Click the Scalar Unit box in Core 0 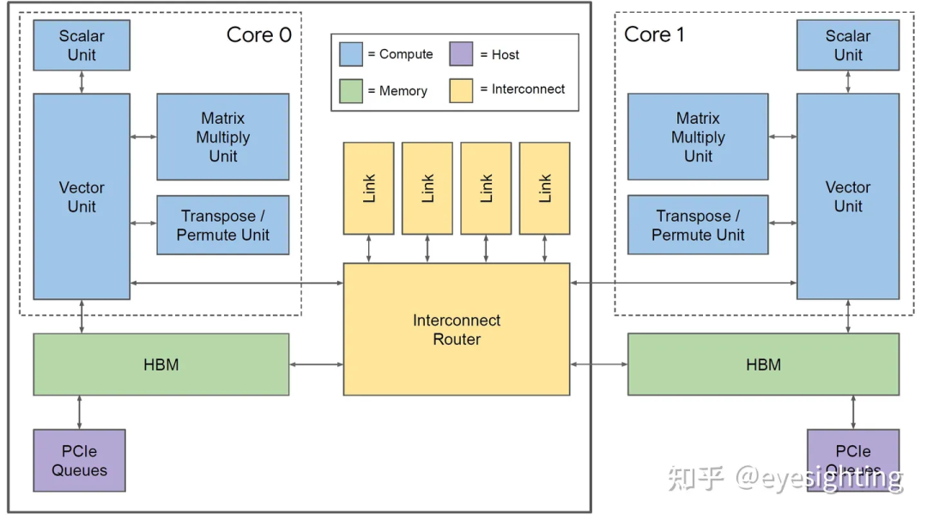click(x=82, y=46)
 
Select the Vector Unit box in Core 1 click(x=847, y=196)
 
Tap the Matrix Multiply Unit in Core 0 click(x=222, y=137)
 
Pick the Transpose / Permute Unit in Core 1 click(x=697, y=225)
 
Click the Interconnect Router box click(x=456, y=329)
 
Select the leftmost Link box click(x=368, y=188)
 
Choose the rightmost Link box click(x=544, y=188)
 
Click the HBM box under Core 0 click(x=161, y=364)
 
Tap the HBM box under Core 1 click(x=763, y=364)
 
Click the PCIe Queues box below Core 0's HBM click(x=79, y=461)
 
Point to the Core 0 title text click(x=258, y=34)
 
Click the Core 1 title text click(x=654, y=34)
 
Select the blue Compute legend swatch click(x=351, y=54)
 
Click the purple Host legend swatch click(x=461, y=54)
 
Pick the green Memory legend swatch click(x=351, y=90)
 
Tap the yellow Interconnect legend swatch click(x=461, y=90)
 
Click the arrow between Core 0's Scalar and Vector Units click(x=82, y=82)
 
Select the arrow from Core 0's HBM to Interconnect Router click(x=316, y=364)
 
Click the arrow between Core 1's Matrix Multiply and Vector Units click(x=782, y=137)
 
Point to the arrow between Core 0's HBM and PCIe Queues click(x=80, y=412)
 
